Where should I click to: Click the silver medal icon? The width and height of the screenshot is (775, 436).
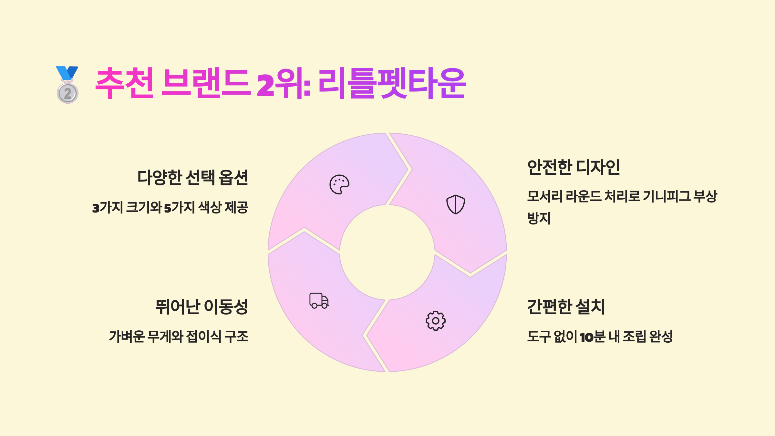[67, 85]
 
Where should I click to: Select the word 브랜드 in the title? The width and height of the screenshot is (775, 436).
[206, 83]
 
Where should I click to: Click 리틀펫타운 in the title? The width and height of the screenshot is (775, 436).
[391, 83]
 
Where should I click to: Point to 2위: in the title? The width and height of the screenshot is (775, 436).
[284, 84]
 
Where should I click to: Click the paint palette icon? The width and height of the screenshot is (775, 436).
[339, 184]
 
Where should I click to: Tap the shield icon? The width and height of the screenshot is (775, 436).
[455, 204]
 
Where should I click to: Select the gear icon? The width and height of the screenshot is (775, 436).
[435, 321]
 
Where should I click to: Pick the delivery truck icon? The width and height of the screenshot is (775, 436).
[319, 301]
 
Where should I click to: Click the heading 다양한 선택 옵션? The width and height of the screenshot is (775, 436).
[193, 177]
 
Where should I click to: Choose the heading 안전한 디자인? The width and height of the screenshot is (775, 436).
[573, 167]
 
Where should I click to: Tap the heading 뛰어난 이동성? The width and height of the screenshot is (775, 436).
[201, 306]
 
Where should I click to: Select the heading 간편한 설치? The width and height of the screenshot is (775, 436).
[566, 306]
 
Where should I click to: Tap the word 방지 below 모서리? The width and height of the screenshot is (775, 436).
[539, 218]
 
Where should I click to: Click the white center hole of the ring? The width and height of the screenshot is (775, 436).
[387, 252]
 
